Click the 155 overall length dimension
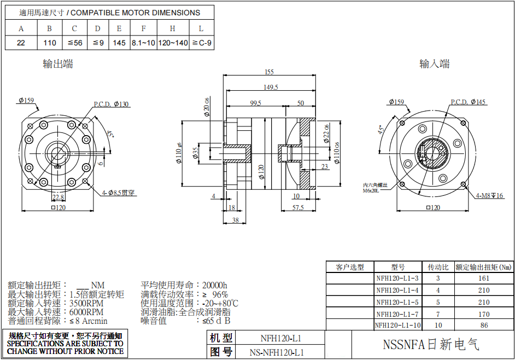point(268,72)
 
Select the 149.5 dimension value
point(271,87)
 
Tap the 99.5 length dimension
point(255,103)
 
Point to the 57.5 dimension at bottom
point(298,208)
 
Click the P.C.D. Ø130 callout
point(112,104)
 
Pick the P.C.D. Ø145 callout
point(468,102)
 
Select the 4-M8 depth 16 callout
point(489,195)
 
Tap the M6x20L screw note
point(375,190)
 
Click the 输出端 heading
point(57,64)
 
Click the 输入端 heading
point(434,64)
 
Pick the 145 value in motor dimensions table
point(119,43)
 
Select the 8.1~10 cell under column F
point(143,43)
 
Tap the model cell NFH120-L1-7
point(397,314)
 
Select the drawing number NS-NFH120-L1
point(277,352)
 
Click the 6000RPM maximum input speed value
point(87,312)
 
